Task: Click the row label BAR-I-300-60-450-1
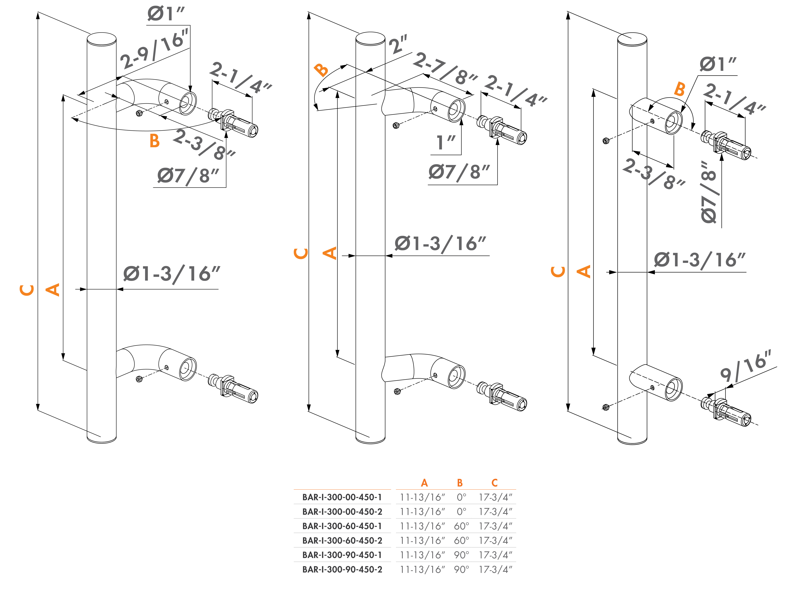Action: pos(342,526)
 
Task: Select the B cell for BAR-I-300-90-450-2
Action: pos(461,570)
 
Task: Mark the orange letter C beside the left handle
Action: pos(27,290)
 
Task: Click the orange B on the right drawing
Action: pos(679,89)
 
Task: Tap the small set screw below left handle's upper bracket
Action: pos(139,113)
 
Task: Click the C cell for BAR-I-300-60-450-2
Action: pos(495,541)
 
